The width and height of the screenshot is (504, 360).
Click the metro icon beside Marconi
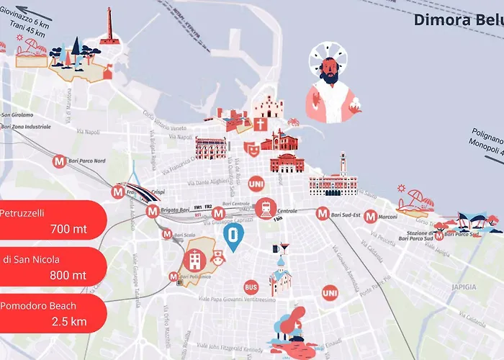tap(370, 215)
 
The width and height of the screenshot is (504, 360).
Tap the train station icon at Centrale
tap(266, 208)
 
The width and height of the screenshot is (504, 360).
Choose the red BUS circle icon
tap(251, 287)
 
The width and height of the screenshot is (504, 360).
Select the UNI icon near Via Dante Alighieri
tap(256, 184)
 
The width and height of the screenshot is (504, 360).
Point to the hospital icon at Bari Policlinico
tap(194, 260)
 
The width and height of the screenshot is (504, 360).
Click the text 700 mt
tap(68, 230)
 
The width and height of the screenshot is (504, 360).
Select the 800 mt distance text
tap(68, 275)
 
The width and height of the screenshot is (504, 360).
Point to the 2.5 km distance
tap(69, 321)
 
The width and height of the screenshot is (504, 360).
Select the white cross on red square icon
tap(259, 125)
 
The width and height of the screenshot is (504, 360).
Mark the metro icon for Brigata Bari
tap(152, 212)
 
